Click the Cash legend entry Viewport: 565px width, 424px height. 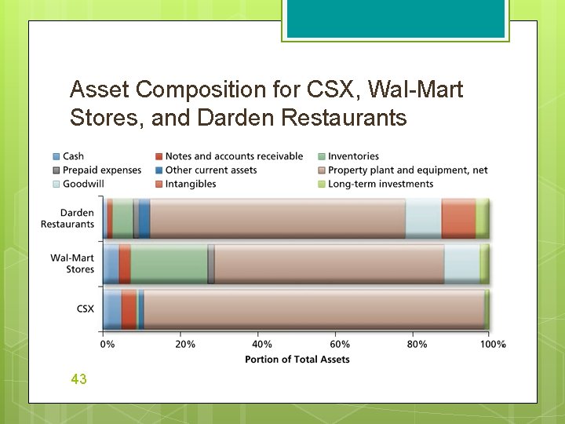click(x=73, y=156)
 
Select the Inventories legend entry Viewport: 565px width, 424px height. click(x=353, y=156)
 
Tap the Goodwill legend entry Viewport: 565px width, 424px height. click(x=78, y=184)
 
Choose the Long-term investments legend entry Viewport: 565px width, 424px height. click(x=380, y=184)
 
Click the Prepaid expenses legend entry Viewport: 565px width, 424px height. click(x=101, y=170)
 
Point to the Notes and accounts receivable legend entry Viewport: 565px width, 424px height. click(x=234, y=156)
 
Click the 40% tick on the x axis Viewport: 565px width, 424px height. click(x=262, y=344)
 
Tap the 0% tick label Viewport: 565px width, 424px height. click(x=108, y=344)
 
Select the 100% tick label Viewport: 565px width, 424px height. click(x=492, y=344)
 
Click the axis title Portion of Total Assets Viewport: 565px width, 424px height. click(x=297, y=359)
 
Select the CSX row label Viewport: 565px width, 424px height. click(x=85, y=309)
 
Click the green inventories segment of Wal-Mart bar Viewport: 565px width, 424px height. click(x=169, y=264)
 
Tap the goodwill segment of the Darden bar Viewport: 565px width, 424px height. click(x=423, y=218)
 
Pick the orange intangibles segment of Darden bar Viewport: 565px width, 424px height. click(x=458, y=218)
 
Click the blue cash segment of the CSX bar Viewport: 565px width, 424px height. click(x=112, y=309)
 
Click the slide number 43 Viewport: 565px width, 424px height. click(x=78, y=379)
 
